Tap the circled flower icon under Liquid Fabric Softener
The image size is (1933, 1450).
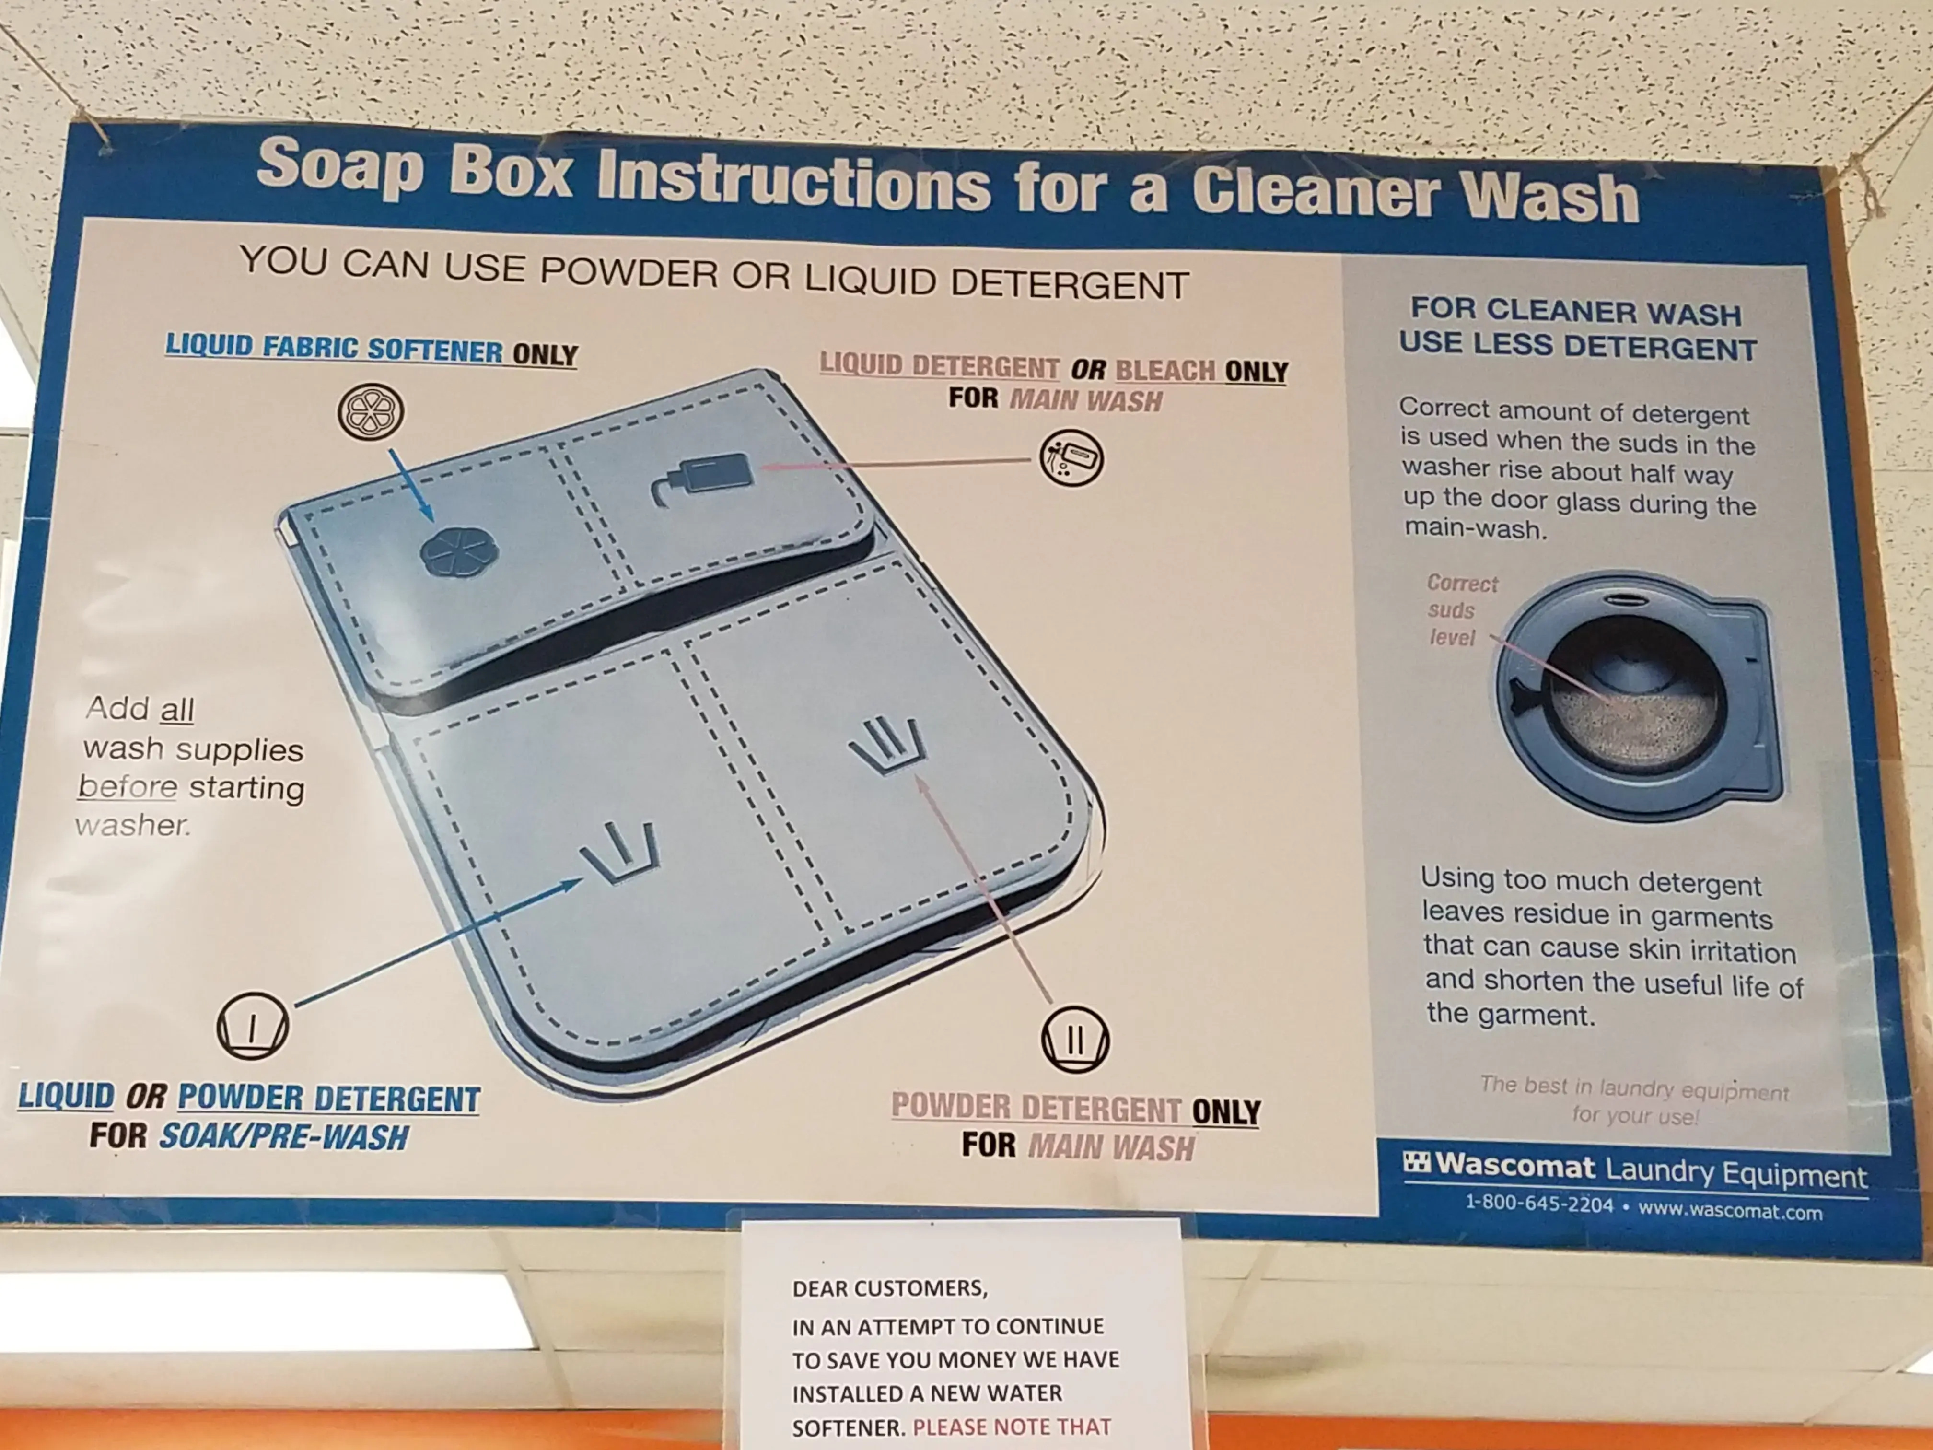(x=371, y=411)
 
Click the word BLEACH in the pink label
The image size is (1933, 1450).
(x=1165, y=371)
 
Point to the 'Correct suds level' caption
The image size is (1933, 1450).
(x=1462, y=610)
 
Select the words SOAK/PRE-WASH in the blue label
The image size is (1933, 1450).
(x=283, y=1137)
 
